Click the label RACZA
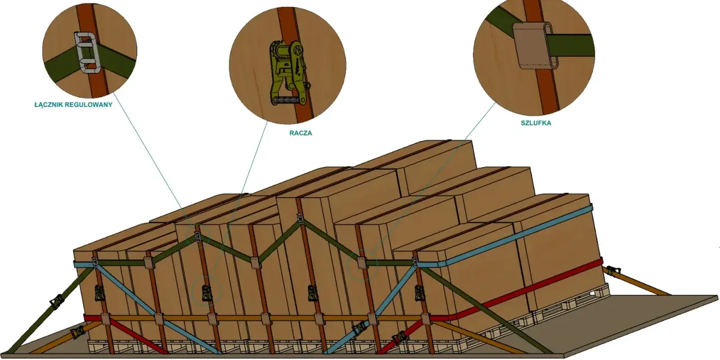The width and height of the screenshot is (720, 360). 300,133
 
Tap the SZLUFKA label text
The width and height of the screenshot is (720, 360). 536,123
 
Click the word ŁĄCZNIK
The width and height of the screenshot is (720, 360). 47,105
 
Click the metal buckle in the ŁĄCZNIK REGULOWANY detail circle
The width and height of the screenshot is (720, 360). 87,52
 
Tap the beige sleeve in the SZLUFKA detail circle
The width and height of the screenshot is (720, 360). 535,46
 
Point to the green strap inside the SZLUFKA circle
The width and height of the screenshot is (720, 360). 572,45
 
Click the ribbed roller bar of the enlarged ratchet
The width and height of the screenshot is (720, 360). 289,101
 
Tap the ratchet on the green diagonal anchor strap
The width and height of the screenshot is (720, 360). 57,302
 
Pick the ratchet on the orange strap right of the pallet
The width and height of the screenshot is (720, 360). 613,271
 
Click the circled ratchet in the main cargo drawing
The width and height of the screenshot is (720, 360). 206,294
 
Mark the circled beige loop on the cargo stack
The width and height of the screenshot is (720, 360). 362,263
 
